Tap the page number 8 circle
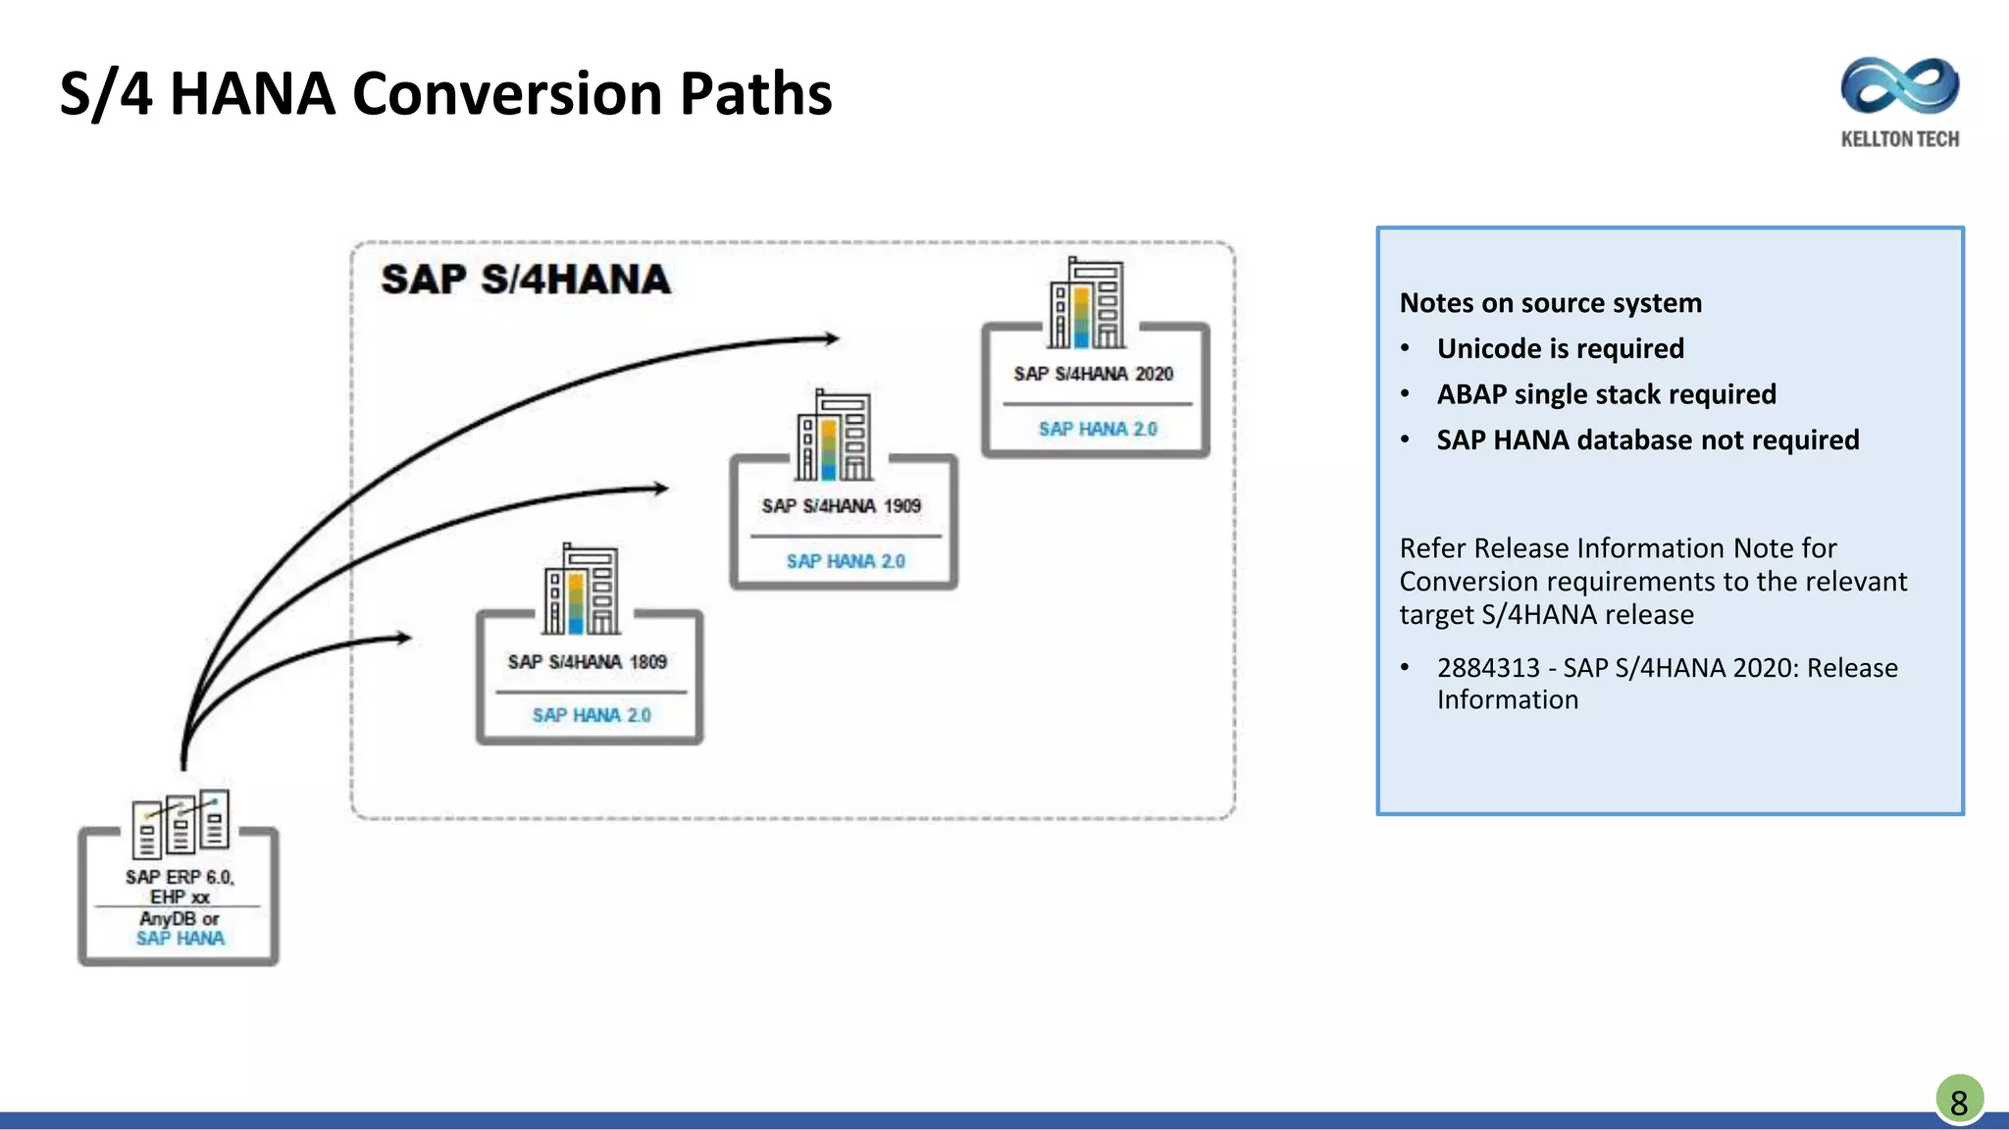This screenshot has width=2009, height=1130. pyautogui.click(x=1959, y=1102)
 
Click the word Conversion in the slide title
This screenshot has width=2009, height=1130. pyautogui.click(x=506, y=94)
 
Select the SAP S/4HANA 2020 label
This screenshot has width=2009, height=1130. pyautogui.click(x=1093, y=374)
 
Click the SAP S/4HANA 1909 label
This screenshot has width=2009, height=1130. pyautogui.click(x=841, y=506)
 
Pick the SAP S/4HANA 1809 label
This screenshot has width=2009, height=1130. pyautogui.click(x=587, y=662)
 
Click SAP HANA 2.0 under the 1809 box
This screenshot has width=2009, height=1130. pyautogui.click(x=591, y=715)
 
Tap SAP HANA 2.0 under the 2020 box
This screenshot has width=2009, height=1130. pyautogui.click(x=1097, y=429)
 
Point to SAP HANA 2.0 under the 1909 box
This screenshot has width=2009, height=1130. pyautogui.click(x=845, y=561)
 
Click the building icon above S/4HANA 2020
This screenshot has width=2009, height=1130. pyautogui.click(x=1087, y=304)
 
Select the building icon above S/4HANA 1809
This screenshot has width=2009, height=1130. pyautogui.click(x=582, y=590)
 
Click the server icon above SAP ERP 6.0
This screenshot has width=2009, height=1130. pyautogui.click(x=180, y=821)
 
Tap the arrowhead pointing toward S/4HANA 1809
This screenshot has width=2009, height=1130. pyautogui.click(x=403, y=638)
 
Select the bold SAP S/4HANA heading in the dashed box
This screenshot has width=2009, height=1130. pyautogui.click(x=526, y=280)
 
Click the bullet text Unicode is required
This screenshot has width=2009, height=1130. pyautogui.click(x=1560, y=348)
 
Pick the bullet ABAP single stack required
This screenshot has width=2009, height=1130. pyautogui.click(x=1606, y=394)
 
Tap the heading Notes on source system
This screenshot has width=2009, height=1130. pyautogui.click(x=1550, y=303)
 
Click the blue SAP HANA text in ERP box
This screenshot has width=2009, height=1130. pyautogui.click(x=180, y=939)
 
